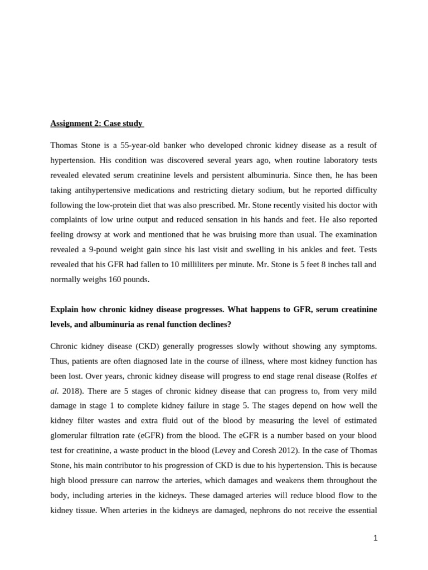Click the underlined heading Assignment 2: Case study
click(96, 123)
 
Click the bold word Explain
click(65, 309)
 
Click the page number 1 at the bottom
click(376, 538)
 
